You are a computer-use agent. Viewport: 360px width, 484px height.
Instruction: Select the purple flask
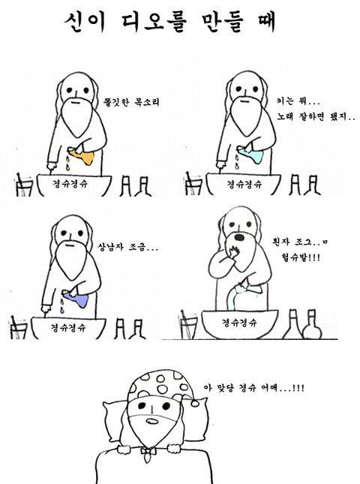click(x=76, y=298)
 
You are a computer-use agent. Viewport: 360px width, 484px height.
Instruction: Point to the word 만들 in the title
click(x=223, y=22)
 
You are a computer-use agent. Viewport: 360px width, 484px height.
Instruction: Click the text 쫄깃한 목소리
click(x=132, y=101)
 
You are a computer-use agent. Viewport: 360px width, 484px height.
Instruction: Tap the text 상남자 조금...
click(x=127, y=247)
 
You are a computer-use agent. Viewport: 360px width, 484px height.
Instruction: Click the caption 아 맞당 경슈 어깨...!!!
click(x=254, y=387)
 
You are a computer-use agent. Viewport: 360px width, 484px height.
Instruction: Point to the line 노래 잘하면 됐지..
click(x=316, y=116)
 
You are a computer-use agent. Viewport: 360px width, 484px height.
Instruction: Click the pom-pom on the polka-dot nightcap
click(x=195, y=403)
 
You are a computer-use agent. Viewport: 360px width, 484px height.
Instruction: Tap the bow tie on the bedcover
click(x=148, y=452)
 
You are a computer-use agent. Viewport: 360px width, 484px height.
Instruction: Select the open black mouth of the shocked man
click(x=239, y=237)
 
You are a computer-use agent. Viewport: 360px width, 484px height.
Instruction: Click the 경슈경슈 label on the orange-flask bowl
click(x=70, y=184)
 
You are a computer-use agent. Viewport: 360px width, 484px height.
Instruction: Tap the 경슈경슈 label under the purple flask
click(x=68, y=326)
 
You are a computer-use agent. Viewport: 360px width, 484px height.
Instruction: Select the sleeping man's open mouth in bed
click(x=151, y=421)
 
